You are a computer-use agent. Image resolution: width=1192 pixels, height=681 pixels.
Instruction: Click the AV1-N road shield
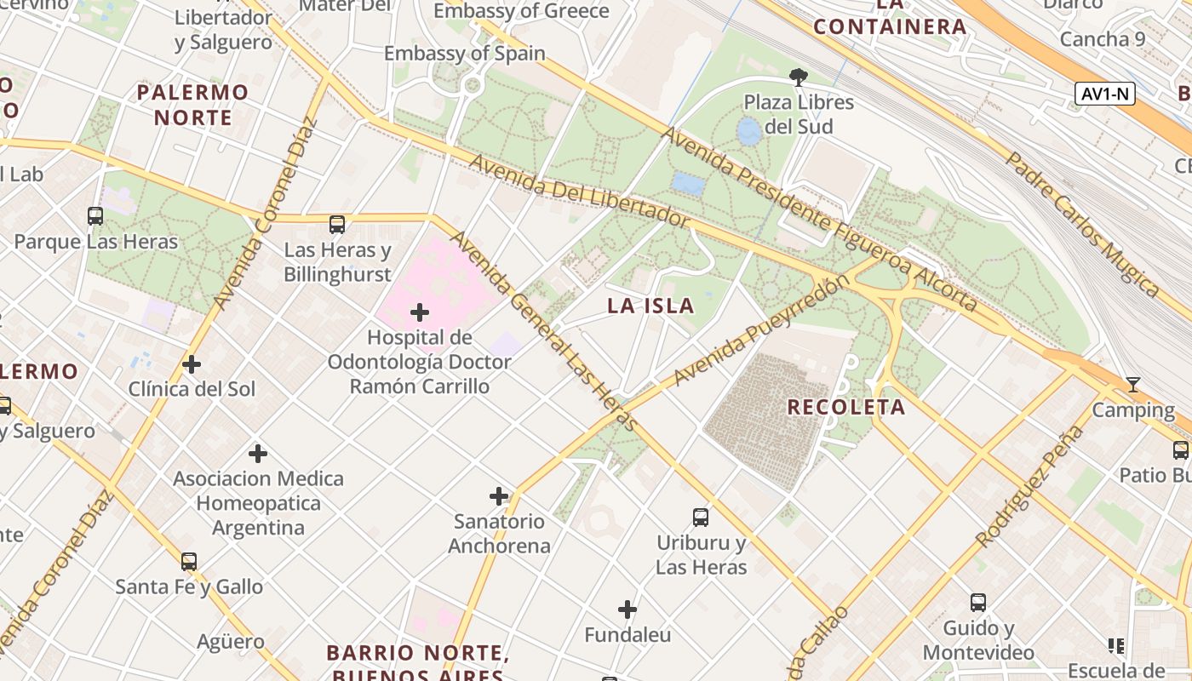point(1105,94)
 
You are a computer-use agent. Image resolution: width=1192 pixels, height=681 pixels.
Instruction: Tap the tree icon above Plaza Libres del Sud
point(798,77)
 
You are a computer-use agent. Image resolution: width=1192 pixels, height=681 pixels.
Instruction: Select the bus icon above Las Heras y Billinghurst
point(337,225)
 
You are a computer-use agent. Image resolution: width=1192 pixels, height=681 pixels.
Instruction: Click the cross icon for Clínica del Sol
point(192,365)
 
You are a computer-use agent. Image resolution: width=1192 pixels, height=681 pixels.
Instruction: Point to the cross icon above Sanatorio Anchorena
point(499,496)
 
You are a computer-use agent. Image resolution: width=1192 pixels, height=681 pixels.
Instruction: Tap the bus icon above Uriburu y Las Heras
point(701,517)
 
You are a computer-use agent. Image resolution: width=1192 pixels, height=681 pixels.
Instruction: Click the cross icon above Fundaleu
point(628,609)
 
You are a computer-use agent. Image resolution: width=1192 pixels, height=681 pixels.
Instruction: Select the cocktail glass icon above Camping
point(1132,385)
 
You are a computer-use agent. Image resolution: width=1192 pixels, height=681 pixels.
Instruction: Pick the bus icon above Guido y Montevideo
point(978,603)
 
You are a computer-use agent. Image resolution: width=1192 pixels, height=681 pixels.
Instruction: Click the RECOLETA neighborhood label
point(845,407)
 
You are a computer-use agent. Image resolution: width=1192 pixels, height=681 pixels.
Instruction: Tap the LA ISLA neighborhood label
point(650,306)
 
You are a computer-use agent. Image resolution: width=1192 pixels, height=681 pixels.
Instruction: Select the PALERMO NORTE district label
point(192,105)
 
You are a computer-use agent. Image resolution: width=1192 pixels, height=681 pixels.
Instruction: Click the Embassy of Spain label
point(464,54)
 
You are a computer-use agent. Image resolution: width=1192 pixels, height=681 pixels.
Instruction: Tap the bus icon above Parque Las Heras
point(95,216)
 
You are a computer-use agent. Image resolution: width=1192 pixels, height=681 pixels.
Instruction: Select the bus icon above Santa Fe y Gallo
point(189,562)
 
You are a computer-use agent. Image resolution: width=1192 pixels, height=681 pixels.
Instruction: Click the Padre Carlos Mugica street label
point(1081,224)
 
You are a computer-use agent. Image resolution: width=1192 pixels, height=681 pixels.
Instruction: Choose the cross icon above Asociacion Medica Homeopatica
point(258,454)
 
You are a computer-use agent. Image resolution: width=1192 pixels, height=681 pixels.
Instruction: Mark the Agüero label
point(230,641)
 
